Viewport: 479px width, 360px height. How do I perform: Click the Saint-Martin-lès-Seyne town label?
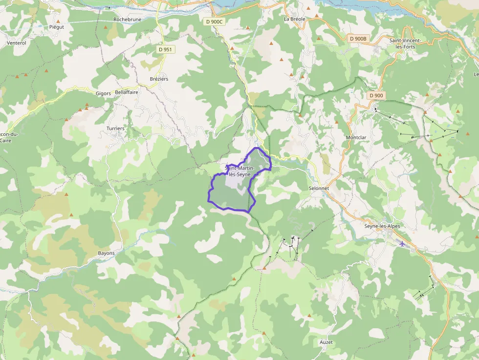click(239, 171)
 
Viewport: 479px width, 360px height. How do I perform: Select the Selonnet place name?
click(319, 188)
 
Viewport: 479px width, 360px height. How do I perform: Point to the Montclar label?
click(356, 138)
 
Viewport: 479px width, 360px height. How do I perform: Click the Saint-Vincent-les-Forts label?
click(405, 43)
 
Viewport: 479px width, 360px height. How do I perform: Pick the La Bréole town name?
click(294, 19)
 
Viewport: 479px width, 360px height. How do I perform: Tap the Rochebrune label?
click(128, 20)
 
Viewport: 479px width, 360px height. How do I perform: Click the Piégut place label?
click(57, 27)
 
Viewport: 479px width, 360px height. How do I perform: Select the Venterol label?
click(17, 43)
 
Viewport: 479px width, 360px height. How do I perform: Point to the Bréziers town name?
click(159, 79)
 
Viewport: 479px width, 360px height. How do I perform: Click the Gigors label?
click(103, 93)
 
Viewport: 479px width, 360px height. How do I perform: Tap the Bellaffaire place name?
click(127, 92)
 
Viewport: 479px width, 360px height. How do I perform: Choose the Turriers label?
click(115, 128)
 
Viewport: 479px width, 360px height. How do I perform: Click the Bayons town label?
click(107, 253)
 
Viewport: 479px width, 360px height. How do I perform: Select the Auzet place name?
click(326, 342)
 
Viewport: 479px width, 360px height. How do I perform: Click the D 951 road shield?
click(165, 49)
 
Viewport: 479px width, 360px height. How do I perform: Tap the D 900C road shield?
click(214, 21)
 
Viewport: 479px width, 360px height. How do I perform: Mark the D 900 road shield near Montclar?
click(376, 95)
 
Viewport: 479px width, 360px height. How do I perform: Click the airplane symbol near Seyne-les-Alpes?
click(402, 243)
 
